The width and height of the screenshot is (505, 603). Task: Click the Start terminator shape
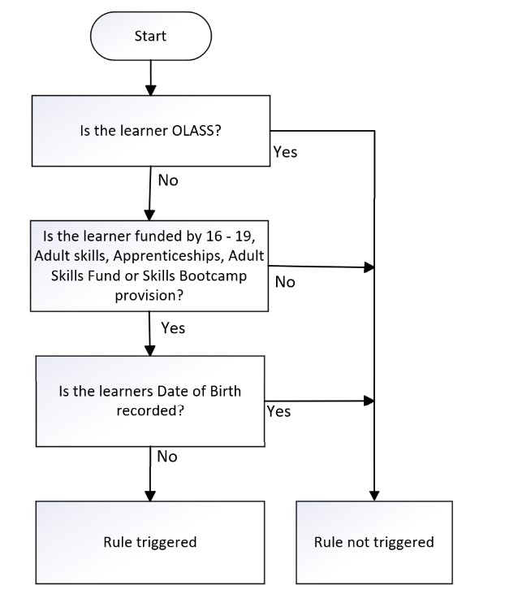click(x=150, y=37)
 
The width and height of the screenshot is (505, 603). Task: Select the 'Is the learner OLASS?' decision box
click(x=150, y=130)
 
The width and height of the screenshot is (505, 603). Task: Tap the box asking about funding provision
click(x=149, y=266)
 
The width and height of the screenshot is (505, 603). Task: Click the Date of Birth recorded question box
click(x=150, y=401)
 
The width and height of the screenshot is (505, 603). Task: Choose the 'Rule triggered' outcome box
click(x=150, y=542)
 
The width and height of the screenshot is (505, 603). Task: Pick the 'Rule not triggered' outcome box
click(x=373, y=542)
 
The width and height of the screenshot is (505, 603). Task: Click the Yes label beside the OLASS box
click(x=285, y=152)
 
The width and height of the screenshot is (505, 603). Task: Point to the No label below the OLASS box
click(x=167, y=180)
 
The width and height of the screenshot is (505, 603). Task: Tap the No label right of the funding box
click(x=285, y=282)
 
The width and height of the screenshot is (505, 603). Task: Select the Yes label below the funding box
click(x=173, y=328)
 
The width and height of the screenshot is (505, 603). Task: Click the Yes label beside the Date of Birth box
click(x=278, y=412)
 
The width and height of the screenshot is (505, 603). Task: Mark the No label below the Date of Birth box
click(x=166, y=457)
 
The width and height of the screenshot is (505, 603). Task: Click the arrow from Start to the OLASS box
click(x=150, y=77)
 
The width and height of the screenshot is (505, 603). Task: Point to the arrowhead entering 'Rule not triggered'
click(x=373, y=495)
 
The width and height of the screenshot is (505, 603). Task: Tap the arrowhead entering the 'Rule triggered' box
click(x=150, y=495)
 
